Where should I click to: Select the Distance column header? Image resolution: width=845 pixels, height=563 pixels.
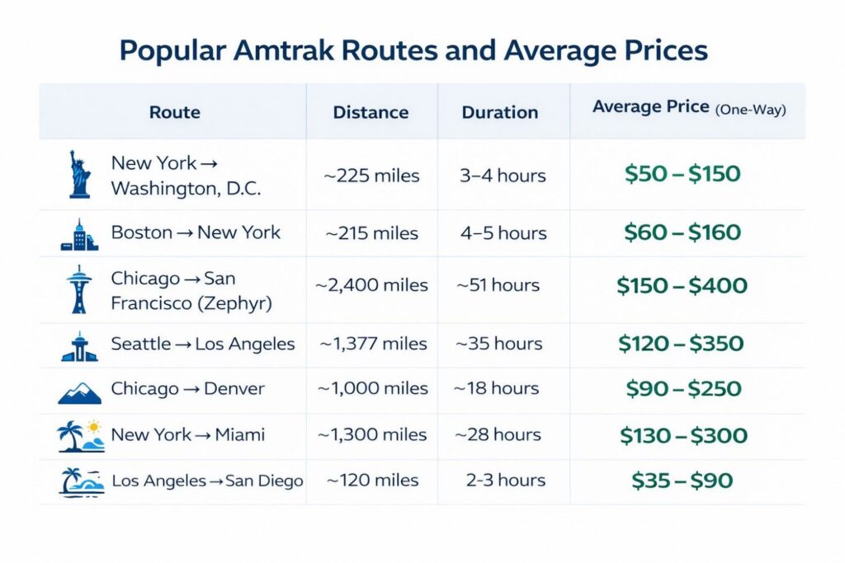pyautogui.click(x=371, y=111)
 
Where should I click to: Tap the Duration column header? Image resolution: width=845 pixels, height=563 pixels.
pyautogui.click(x=499, y=112)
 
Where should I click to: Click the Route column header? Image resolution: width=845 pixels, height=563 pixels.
pyautogui.click(x=175, y=111)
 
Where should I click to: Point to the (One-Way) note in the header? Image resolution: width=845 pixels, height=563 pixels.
pyautogui.click(x=750, y=110)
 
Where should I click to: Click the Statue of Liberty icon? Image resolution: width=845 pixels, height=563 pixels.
pyautogui.click(x=79, y=174)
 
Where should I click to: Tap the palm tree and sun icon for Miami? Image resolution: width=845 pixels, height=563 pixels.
pyautogui.click(x=81, y=436)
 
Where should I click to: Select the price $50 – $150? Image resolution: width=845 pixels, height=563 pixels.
pyautogui.click(x=682, y=174)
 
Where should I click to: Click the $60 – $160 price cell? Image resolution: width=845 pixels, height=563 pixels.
pyautogui.click(x=682, y=233)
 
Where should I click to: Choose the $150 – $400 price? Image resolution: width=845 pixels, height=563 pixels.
pyautogui.click(x=682, y=286)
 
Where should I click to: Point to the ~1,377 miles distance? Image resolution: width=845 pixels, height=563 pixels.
pyautogui.click(x=373, y=344)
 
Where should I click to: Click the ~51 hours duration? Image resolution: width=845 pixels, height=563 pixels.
pyautogui.click(x=498, y=286)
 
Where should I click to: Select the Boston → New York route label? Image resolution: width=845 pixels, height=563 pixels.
pyautogui.click(x=196, y=233)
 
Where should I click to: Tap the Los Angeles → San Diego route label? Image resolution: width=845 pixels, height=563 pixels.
pyautogui.click(x=207, y=481)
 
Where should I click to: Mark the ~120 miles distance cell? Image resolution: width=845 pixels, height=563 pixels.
pyautogui.click(x=372, y=481)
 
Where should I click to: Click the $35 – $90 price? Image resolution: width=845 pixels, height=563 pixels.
pyautogui.click(x=682, y=481)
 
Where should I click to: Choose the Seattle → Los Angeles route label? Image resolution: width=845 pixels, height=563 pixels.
pyautogui.click(x=203, y=344)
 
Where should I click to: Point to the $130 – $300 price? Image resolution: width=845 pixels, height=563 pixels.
pyautogui.click(x=682, y=436)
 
